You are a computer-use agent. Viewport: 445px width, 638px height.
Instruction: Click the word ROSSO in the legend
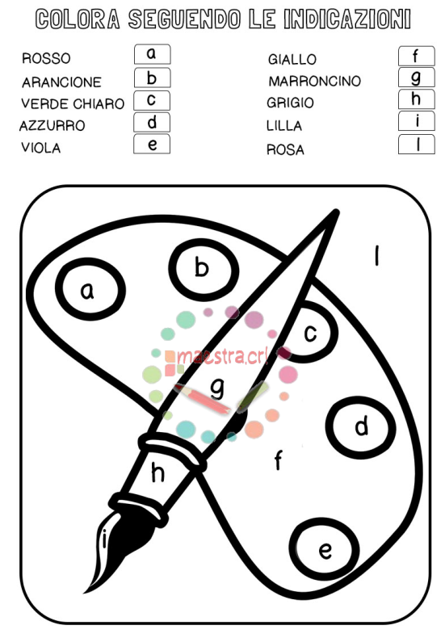pyautogui.click(x=46, y=59)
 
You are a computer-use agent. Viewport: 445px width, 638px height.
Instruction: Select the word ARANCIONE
pyautogui.click(x=61, y=82)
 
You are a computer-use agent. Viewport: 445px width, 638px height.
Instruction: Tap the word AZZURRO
pyautogui.click(x=52, y=126)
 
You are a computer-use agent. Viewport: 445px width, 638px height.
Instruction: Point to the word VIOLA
pyautogui.click(x=40, y=148)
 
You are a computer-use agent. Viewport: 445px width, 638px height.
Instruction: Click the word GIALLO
pyautogui.click(x=292, y=60)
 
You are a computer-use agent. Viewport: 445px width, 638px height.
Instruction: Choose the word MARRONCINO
pyautogui.click(x=314, y=81)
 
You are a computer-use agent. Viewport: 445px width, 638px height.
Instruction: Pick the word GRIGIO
pyautogui.click(x=290, y=103)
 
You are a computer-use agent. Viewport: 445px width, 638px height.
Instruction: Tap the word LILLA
pyautogui.click(x=284, y=126)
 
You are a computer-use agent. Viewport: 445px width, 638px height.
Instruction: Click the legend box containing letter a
pyautogui.click(x=152, y=54)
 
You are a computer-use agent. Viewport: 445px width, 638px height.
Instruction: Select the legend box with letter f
pyautogui.click(x=417, y=56)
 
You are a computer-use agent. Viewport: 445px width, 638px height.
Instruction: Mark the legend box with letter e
pyautogui.click(x=152, y=144)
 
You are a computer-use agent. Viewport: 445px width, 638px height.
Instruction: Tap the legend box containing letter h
pyautogui.click(x=417, y=99)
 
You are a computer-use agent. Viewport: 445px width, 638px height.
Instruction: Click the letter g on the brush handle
pyautogui.click(x=217, y=388)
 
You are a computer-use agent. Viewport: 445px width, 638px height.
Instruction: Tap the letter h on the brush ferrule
pyautogui.click(x=157, y=472)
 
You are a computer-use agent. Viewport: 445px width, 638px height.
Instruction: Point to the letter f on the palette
pyautogui.click(x=279, y=460)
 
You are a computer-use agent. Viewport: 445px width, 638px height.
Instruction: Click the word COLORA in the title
pyautogui.click(x=78, y=19)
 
